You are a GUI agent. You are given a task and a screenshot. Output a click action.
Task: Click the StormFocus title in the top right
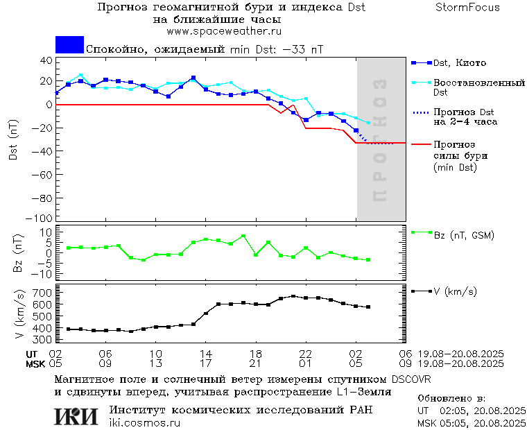click(467, 8)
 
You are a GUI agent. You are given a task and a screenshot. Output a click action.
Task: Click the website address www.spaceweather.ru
click(223, 31)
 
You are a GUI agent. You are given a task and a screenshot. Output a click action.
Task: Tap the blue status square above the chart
click(69, 45)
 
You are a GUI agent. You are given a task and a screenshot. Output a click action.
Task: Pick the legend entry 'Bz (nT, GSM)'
click(464, 235)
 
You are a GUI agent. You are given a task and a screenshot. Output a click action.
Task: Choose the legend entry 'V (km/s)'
click(455, 292)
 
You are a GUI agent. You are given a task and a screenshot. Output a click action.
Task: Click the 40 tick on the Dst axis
click(46, 61)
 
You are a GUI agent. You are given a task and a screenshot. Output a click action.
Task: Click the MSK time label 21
click(256, 363)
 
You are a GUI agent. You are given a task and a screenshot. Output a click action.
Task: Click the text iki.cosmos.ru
click(145, 423)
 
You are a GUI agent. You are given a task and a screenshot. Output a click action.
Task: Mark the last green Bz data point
click(368, 260)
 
